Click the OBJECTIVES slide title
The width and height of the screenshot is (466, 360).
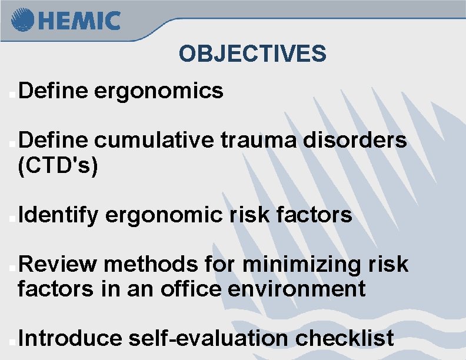pos(252,54)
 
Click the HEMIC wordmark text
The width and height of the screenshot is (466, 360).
pos(79,21)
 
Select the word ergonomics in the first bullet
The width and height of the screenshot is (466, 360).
pos(158,91)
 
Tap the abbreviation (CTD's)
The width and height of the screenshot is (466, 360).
pos(58,166)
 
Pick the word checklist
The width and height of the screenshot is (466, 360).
pos(345,339)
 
